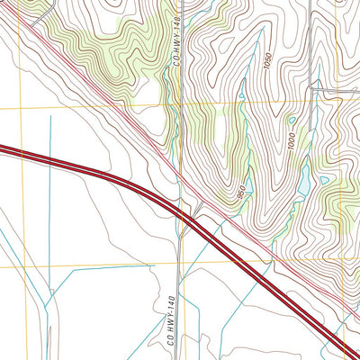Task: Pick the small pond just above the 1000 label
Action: (291, 121)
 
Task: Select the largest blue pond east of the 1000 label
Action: (302, 180)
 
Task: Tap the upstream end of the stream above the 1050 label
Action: (263, 31)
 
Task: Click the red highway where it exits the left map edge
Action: (2, 149)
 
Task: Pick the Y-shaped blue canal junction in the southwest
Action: (42, 302)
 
